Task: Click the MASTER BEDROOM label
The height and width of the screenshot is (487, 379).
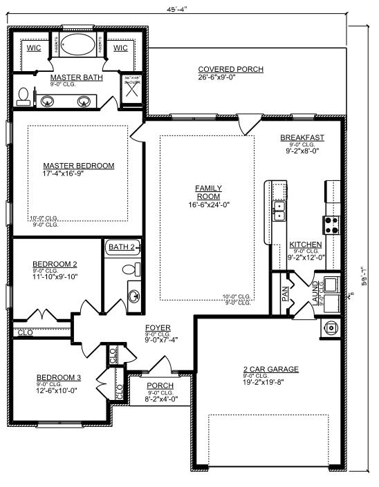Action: click(x=78, y=166)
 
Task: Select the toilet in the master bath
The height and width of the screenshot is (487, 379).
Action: click(x=23, y=96)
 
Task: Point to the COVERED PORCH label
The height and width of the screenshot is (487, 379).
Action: click(x=230, y=69)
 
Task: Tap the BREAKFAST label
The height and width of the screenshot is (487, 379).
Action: click(x=302, y=137)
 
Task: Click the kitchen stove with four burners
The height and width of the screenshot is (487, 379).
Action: click(x=331, y=224)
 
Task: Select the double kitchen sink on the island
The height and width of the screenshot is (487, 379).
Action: click(x=279, y=211)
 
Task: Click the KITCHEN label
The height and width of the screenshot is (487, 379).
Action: click(x=304, y=245)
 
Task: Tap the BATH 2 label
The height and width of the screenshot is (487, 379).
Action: click(x=122, y=246)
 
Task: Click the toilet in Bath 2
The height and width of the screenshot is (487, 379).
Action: click(x=129, y=269)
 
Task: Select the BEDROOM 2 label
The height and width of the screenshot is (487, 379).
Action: click(x=55, y=264)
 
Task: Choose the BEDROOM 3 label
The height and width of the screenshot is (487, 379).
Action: click(x=59, y=377)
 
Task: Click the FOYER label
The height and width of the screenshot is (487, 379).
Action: click(x=158, y=327)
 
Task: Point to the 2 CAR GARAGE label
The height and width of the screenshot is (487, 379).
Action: click(x=270, y=370)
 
